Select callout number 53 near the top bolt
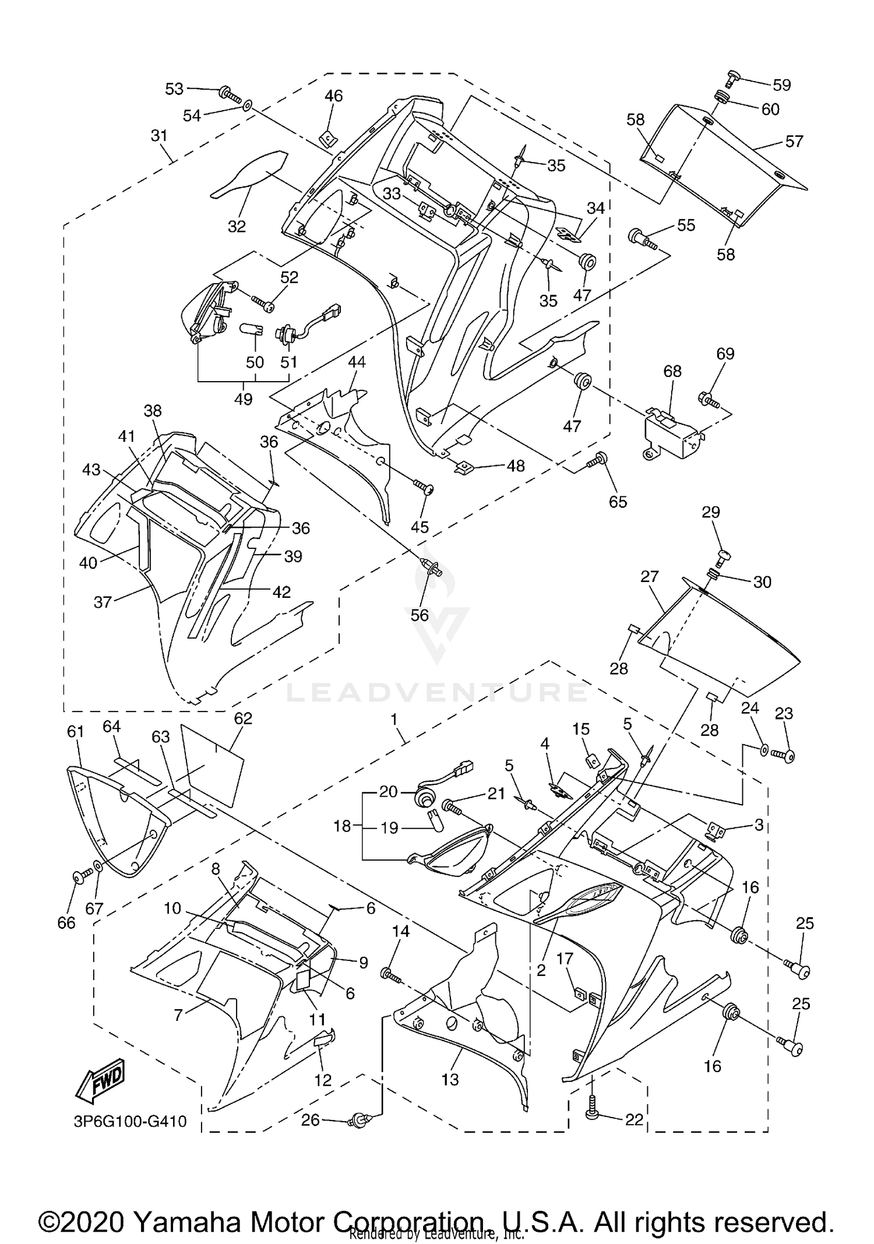174,89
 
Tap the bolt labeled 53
229,94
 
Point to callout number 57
794,141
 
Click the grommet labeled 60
721,97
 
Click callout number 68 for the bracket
672,371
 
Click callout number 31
158,136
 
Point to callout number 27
649,576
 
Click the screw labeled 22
593,1113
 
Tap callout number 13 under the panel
450,1079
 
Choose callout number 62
243,718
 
